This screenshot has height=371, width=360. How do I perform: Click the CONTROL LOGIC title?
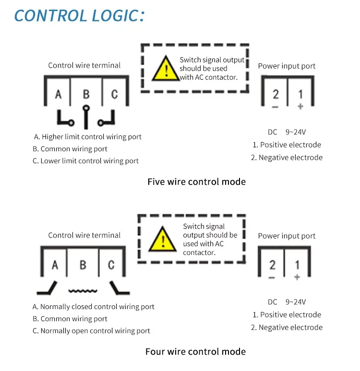coord(79,16)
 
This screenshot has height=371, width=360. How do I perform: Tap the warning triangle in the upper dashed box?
coord(166,69)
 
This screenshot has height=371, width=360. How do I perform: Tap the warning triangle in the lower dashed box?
coord(162,239)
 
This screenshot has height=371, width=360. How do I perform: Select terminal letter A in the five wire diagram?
coord(58,94)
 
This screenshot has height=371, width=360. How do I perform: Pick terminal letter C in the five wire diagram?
coord(115,94)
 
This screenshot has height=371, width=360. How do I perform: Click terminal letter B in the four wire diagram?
coord(83,265)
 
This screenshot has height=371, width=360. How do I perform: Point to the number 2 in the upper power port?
coord(276,94)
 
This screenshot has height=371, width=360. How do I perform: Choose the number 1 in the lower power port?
coord(297,265)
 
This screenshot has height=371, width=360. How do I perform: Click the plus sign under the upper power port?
coord(300,107)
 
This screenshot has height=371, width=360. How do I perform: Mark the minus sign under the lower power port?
coord(272,277)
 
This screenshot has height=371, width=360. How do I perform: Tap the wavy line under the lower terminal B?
coord(83,291)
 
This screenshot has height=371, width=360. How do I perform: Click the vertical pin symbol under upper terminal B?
coord(86,117)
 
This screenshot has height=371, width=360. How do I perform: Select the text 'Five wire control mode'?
coord(196,182)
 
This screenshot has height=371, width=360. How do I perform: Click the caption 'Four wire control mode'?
coord(195,352)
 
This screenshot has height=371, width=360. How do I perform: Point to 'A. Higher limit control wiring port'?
coord(87,137)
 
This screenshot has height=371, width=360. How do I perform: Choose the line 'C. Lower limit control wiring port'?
coord(85,161)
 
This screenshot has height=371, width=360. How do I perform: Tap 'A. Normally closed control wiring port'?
coord(93,307)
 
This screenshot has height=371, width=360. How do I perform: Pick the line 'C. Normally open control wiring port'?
coord(91,331)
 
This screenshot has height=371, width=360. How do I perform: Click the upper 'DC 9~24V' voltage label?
coord(287,132)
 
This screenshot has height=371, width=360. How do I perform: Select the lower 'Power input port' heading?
coord(287,236)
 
